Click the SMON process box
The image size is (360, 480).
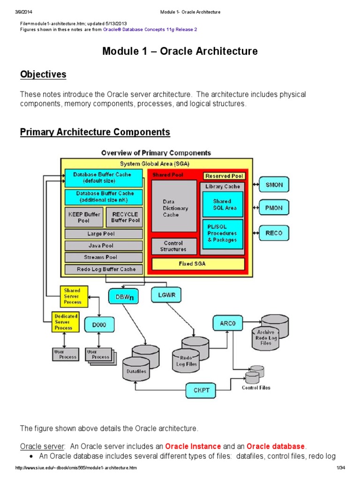(x=274, y=184)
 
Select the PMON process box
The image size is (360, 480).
(x=274, y=208)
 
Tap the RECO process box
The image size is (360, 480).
(x=274, y=232)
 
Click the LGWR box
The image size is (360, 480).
(x=166, y=294)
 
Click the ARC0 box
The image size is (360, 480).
(x=227, y=323)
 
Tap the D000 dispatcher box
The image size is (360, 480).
(x=99, y=324)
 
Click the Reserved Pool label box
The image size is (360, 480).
(x=224, y=176)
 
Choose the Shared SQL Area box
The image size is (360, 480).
(x=223, y=204)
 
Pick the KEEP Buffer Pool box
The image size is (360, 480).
(x=83, y=217)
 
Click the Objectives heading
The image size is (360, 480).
(x=43, y=75)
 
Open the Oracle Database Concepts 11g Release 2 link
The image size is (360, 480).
(x=147, y=30)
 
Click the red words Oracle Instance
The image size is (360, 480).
(x=193, y=446)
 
